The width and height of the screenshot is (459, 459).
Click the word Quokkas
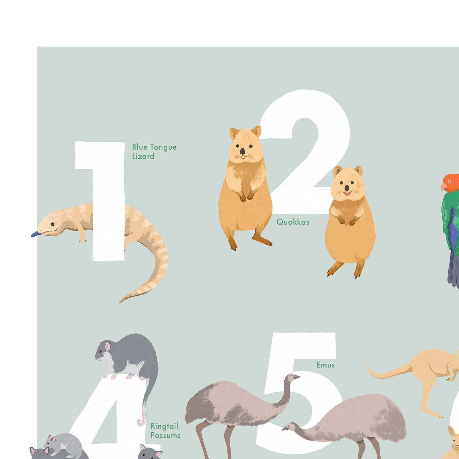(x=293, y=222)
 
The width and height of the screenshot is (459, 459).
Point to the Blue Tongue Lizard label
(x=154, y=151)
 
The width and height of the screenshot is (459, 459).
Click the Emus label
(x=325, y=365)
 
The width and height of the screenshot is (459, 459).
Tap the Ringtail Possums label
(x=165, y=431)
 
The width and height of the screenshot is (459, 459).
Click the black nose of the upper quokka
(x=243, y=151)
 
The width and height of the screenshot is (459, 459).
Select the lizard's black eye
(x=52, y=224)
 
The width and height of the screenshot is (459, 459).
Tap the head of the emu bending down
(x=290, y=426)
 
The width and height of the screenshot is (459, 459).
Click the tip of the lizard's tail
(x=121, y=301)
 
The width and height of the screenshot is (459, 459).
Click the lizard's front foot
(x=81, y=240)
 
